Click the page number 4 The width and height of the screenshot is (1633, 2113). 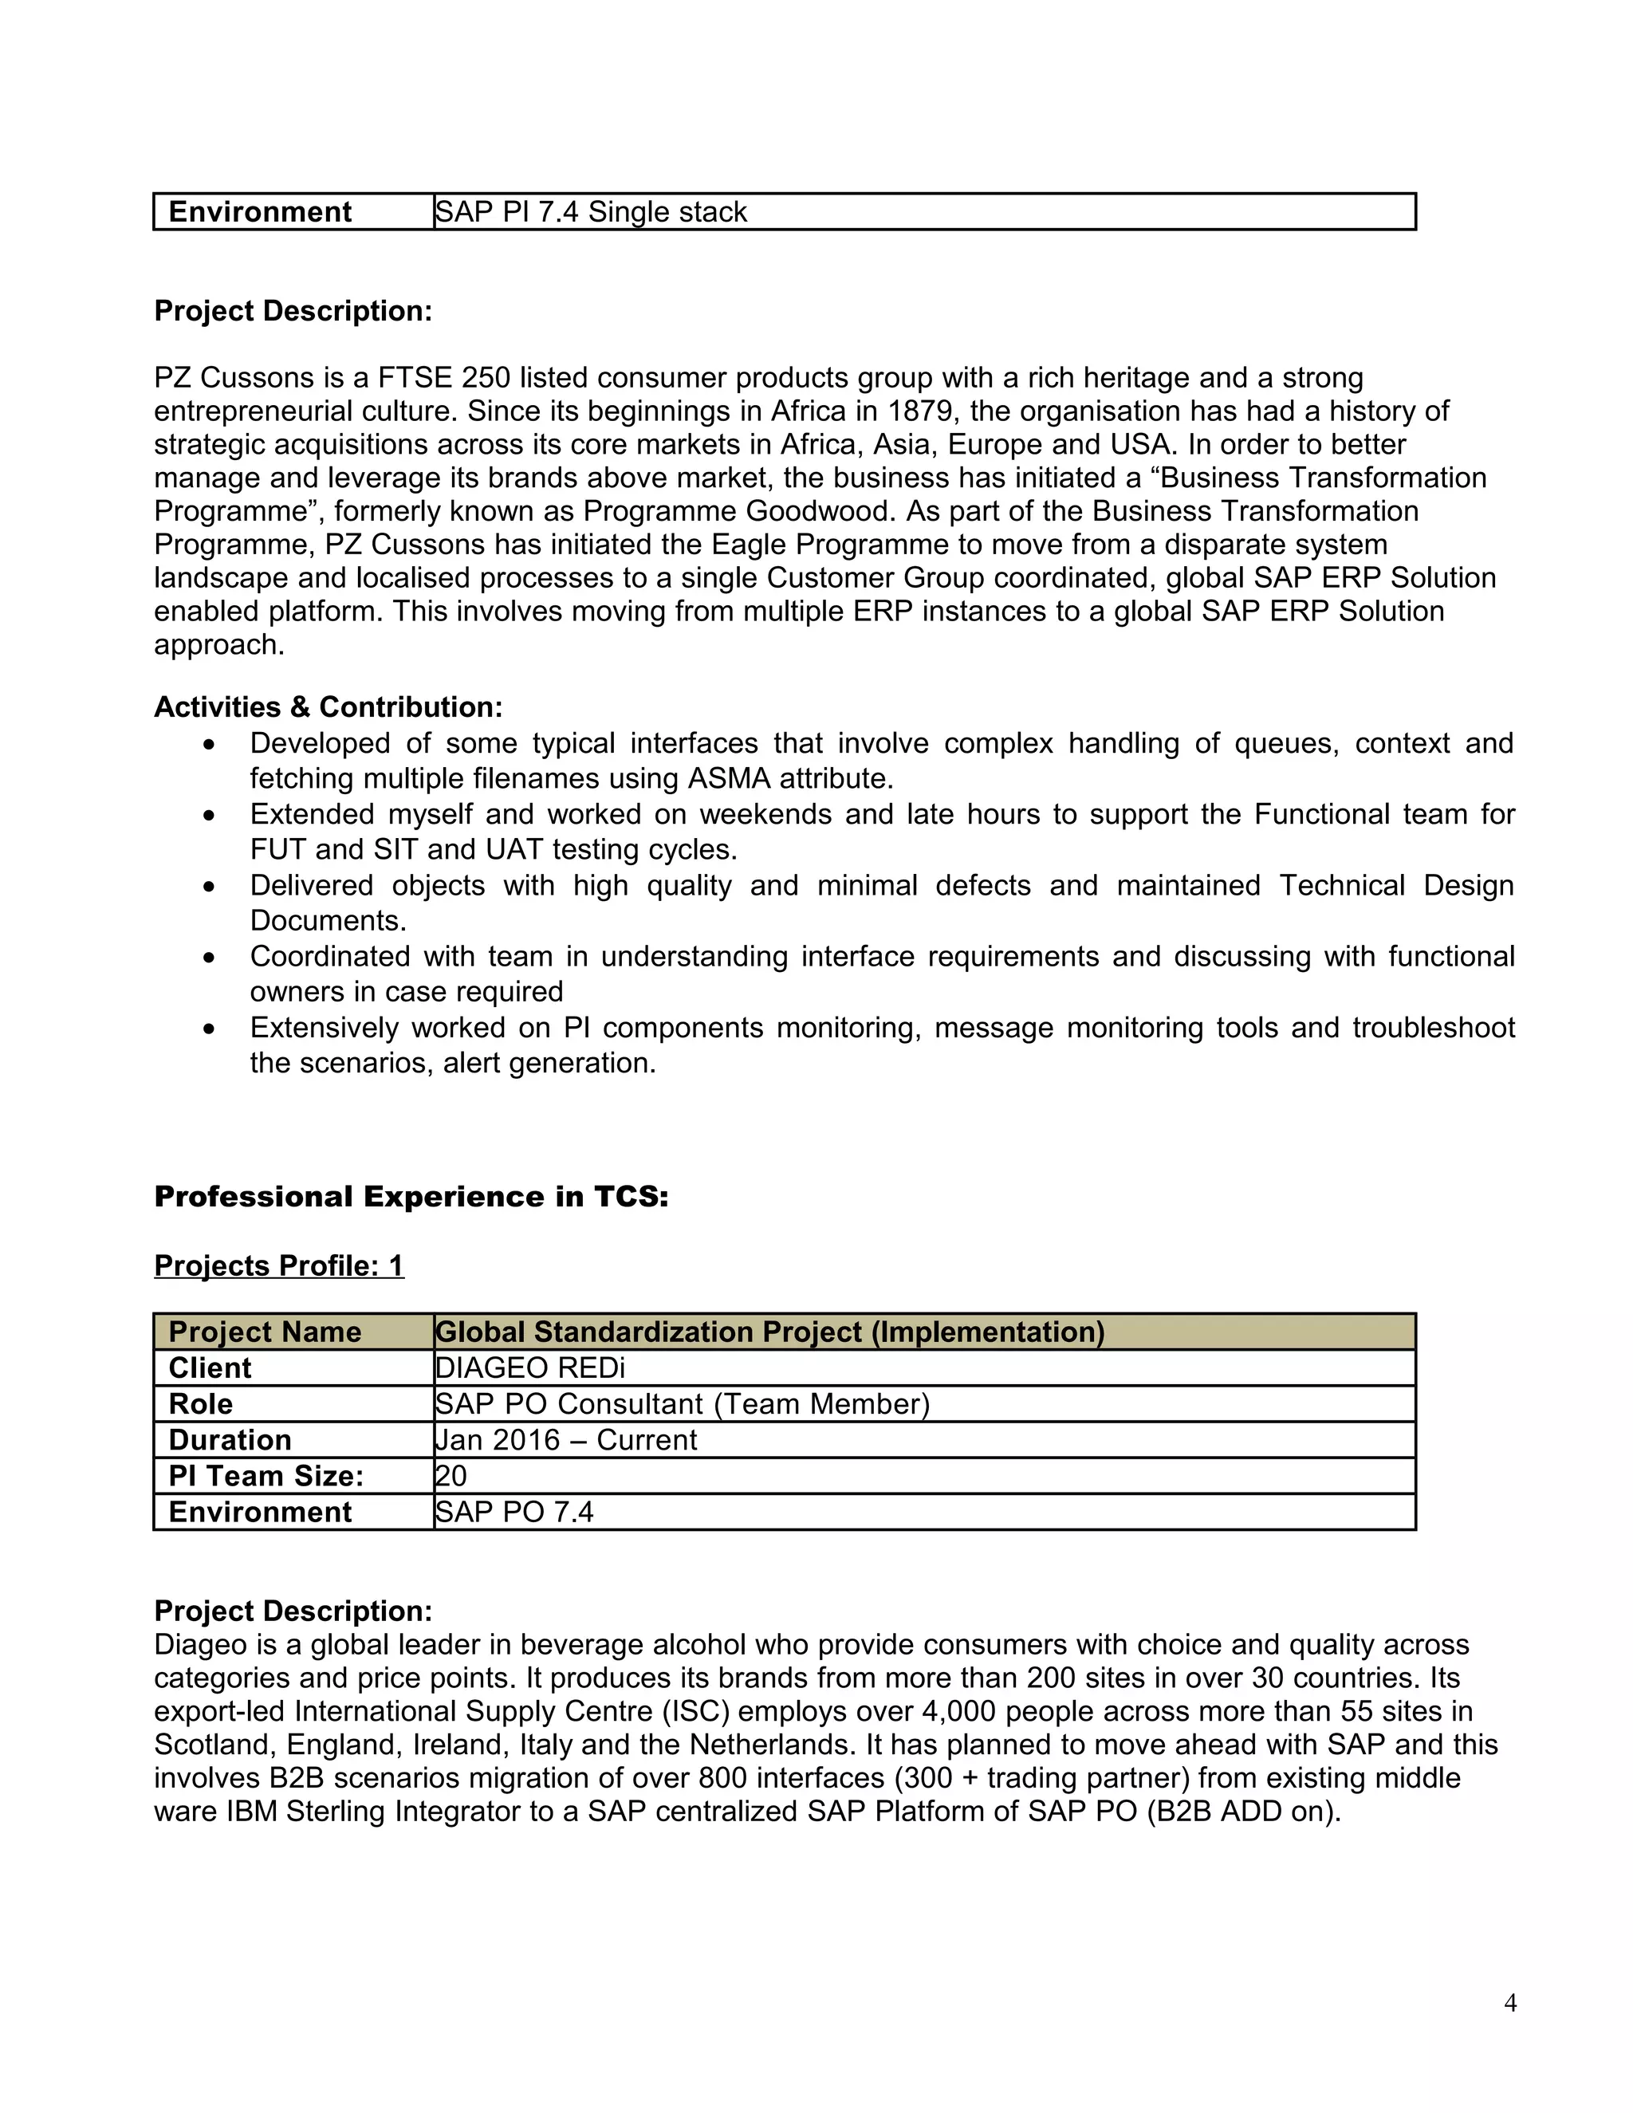pyautogui.click(x=1510, y=2003)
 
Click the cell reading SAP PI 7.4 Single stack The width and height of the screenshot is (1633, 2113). pyautogui.click(x=591, y=212)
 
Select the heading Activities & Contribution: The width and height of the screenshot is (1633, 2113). pyautogui.click(x=328, y=707)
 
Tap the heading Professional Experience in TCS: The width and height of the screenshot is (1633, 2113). pyautogui.click(x=411, y=1197)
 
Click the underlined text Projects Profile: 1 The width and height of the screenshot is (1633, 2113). pyautogui.click(x=278, y=1265)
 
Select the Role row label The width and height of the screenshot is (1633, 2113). pyautogui.click(x=200, y=1404)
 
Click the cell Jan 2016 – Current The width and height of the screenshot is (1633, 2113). pyautogui.click(x=566, y=1439)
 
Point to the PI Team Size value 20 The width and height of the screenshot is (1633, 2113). pyautogui.click(x=451, y=1475)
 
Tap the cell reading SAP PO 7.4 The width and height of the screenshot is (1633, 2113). pyautogui.click(x=514, y=1511)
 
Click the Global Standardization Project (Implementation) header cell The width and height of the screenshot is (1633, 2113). pyautogui.click(x=770, y=1332)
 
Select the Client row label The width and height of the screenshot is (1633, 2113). pyautogui.click(x=209, y=1368)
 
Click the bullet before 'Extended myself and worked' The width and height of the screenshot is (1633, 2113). pyautogui.click(x=209, y=816)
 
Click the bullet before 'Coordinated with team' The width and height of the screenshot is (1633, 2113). pyautogui.click(x=209, y=958)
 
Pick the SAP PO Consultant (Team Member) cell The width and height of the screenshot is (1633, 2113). pyautogui.click(x=682, y=1404)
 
